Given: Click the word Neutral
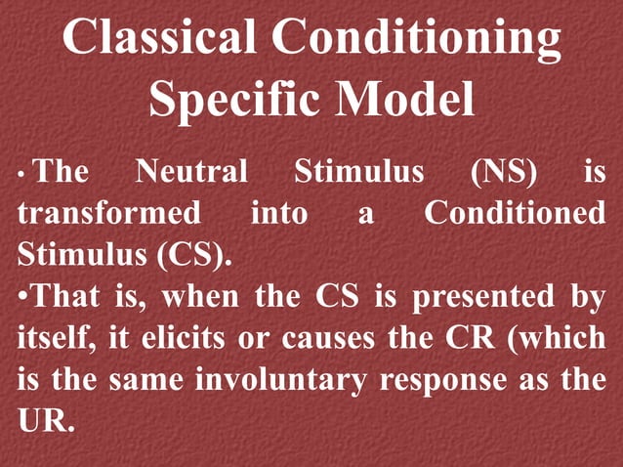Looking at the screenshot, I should (191, 173).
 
